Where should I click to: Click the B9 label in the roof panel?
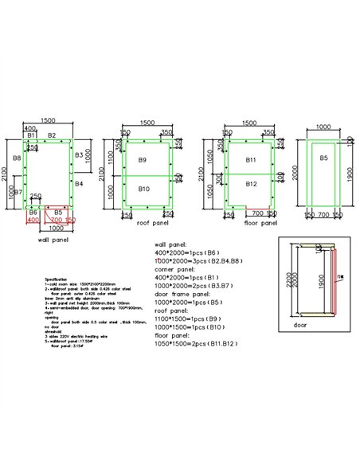(143, 160)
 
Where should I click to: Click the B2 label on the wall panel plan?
(51, 136)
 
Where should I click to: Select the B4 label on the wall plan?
(80, 184)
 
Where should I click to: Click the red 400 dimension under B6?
(33, 221)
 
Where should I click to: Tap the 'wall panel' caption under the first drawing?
(53, 238)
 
